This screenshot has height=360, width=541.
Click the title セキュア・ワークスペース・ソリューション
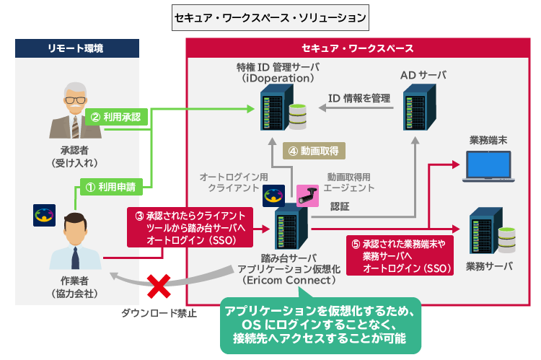[x=270, y=16]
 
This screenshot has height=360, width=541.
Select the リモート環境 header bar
[x=78, y=48]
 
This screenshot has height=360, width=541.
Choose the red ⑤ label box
[x=399, y=256]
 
